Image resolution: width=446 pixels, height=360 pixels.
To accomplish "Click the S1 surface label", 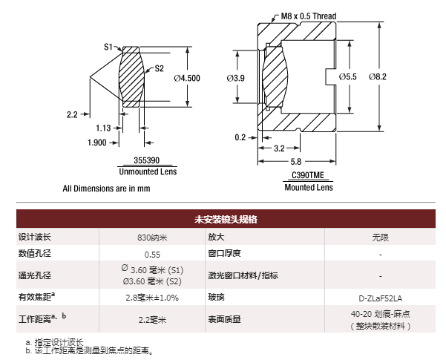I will [108, 47].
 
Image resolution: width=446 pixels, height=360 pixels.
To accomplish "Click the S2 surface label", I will [159, 69].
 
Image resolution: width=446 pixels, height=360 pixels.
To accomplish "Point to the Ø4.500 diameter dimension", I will [187, 76].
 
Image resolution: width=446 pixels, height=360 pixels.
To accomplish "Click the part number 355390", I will [145, 160].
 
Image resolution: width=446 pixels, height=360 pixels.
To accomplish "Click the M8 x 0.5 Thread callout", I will [309, 16].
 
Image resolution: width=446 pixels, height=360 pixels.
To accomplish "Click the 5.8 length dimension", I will [295, 161].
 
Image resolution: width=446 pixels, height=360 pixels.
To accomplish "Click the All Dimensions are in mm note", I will [106, 189].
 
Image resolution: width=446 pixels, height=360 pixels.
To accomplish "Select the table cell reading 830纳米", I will [152, 238].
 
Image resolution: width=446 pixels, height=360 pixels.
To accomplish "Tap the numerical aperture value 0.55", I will [152, 254].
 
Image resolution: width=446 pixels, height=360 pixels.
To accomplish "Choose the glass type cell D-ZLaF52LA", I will [381, 298].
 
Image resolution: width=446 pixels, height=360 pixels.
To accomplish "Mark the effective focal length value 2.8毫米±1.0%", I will [152, 298].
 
